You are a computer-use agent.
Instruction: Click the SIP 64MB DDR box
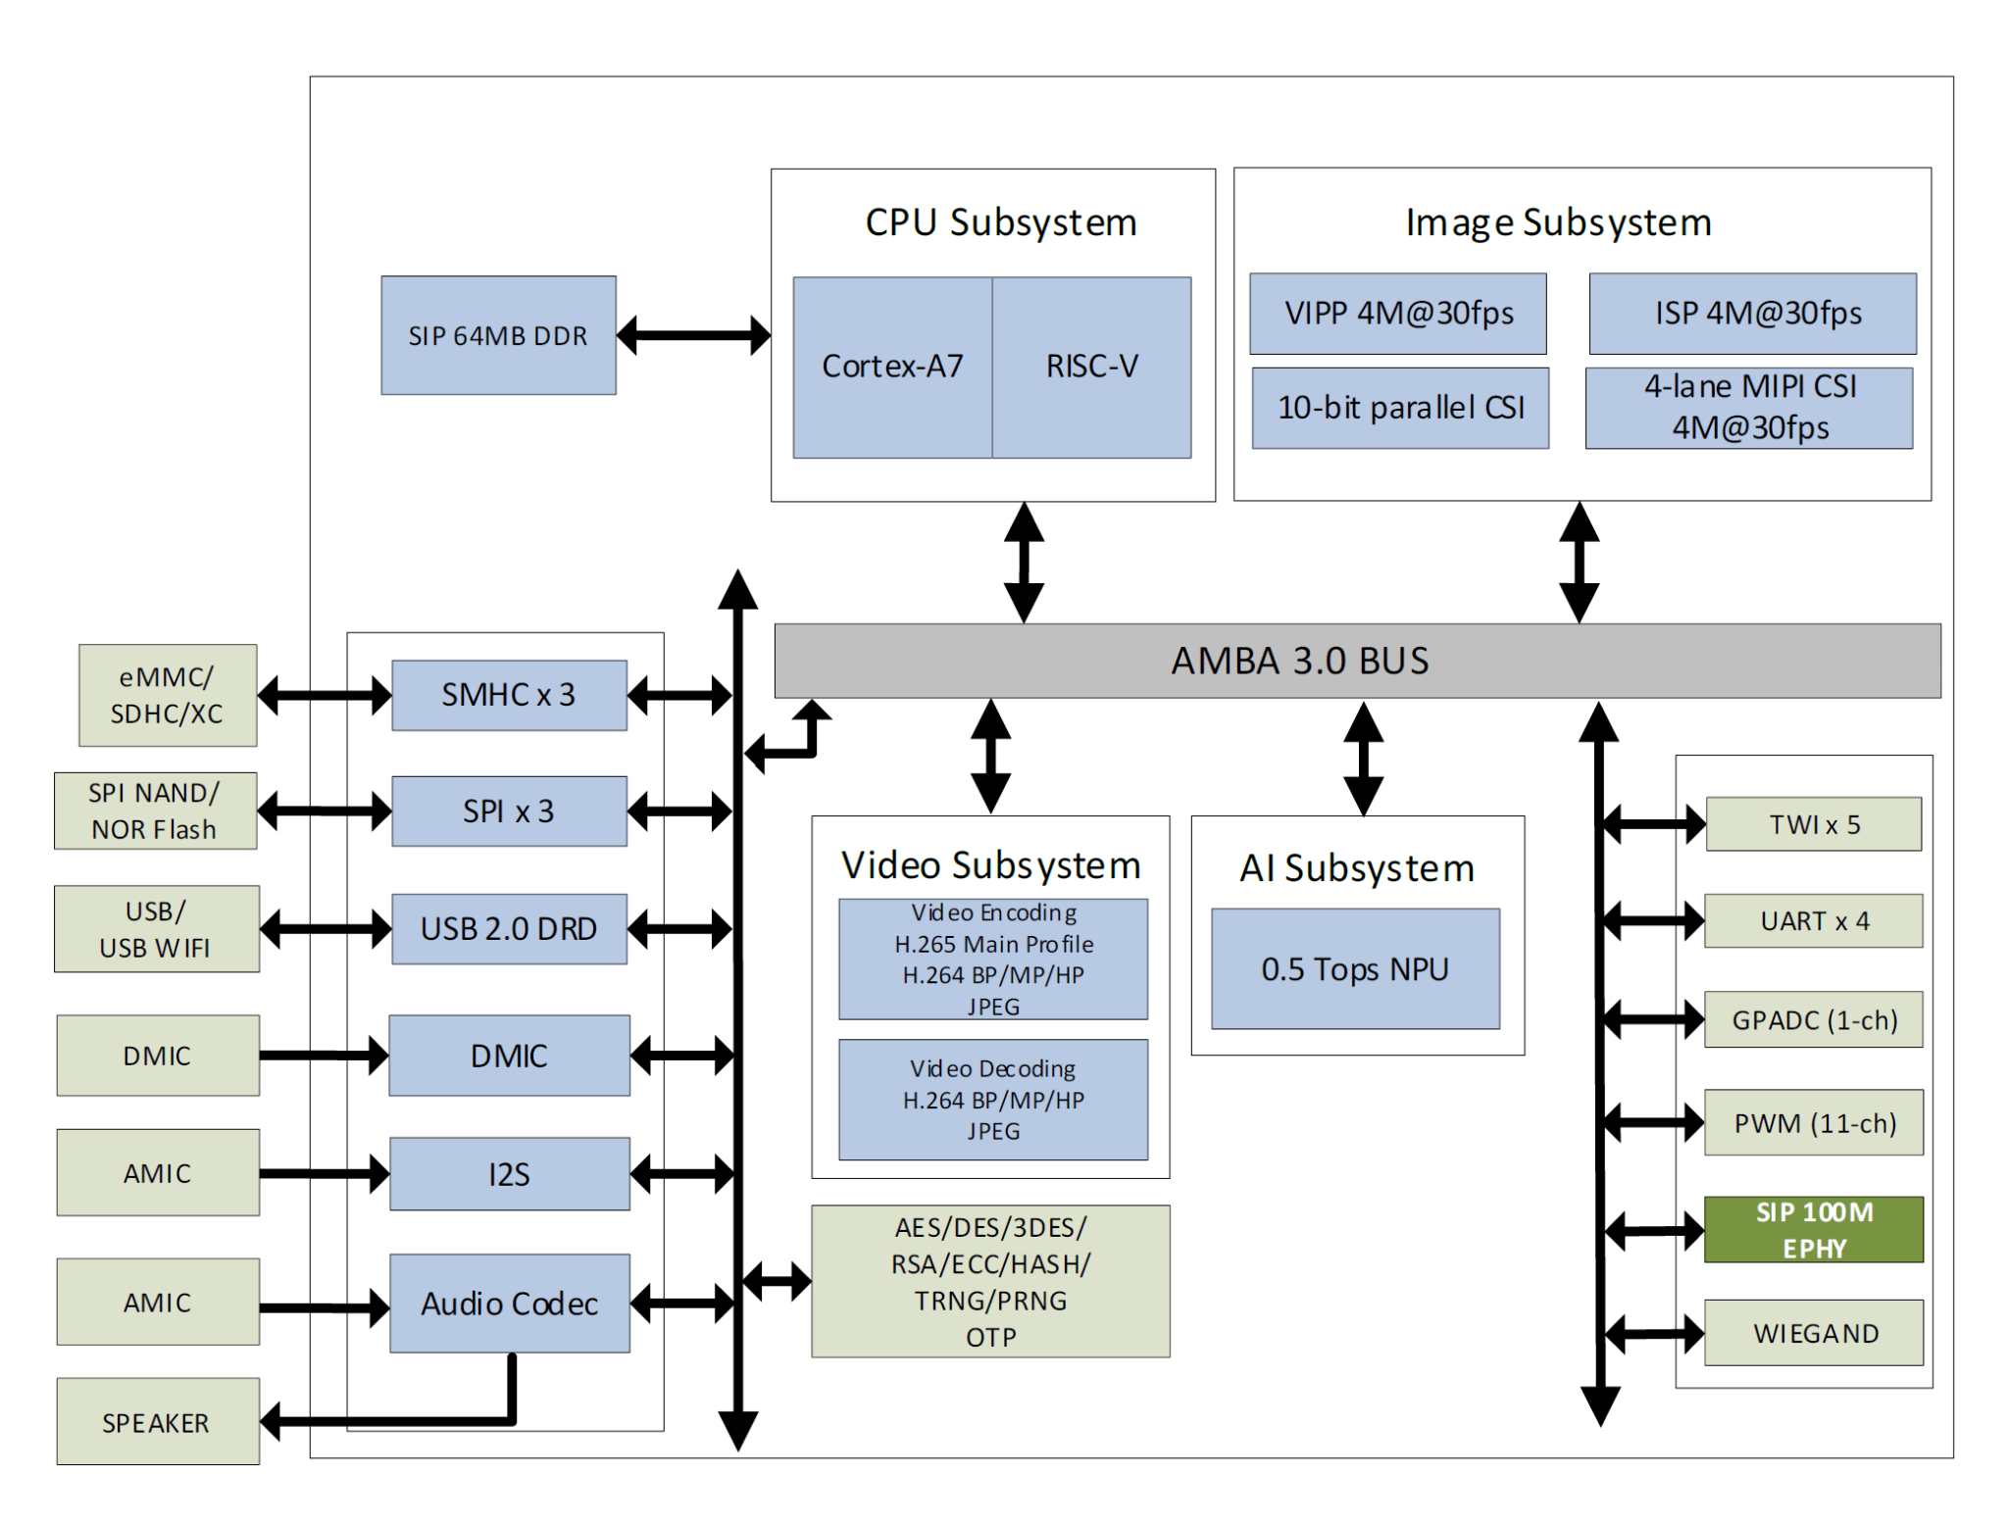click(498, 335)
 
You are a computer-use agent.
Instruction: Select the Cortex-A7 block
click(891, 367)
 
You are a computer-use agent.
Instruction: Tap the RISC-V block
click(1091, 367)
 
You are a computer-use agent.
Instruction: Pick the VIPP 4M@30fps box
click(1397, 314)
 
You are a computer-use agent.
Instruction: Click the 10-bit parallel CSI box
click(1399, 408)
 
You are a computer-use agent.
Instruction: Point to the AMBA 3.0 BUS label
click(1299, 661)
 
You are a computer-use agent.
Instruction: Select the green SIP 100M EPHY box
click(1813, 1229)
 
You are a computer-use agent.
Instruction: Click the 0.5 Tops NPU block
click(1354, 968)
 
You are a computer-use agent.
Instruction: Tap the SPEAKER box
click(157, 1421)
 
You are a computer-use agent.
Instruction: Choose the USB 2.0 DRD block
click(508, 928)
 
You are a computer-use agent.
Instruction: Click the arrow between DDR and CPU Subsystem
click(693, 335)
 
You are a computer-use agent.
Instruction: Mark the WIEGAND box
click(1814, 1333)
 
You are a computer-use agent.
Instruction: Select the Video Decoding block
click(992, 1099)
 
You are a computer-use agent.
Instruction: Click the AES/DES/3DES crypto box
click(990, 1281)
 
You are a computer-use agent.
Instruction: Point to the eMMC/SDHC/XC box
click(168, 695)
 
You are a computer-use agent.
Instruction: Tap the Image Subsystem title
click(1557, 222)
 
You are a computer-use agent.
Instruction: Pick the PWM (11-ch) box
click(1814, 1122)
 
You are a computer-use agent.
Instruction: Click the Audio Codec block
click(509, 1303)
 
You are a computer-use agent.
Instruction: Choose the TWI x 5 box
click(1813, 824)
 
